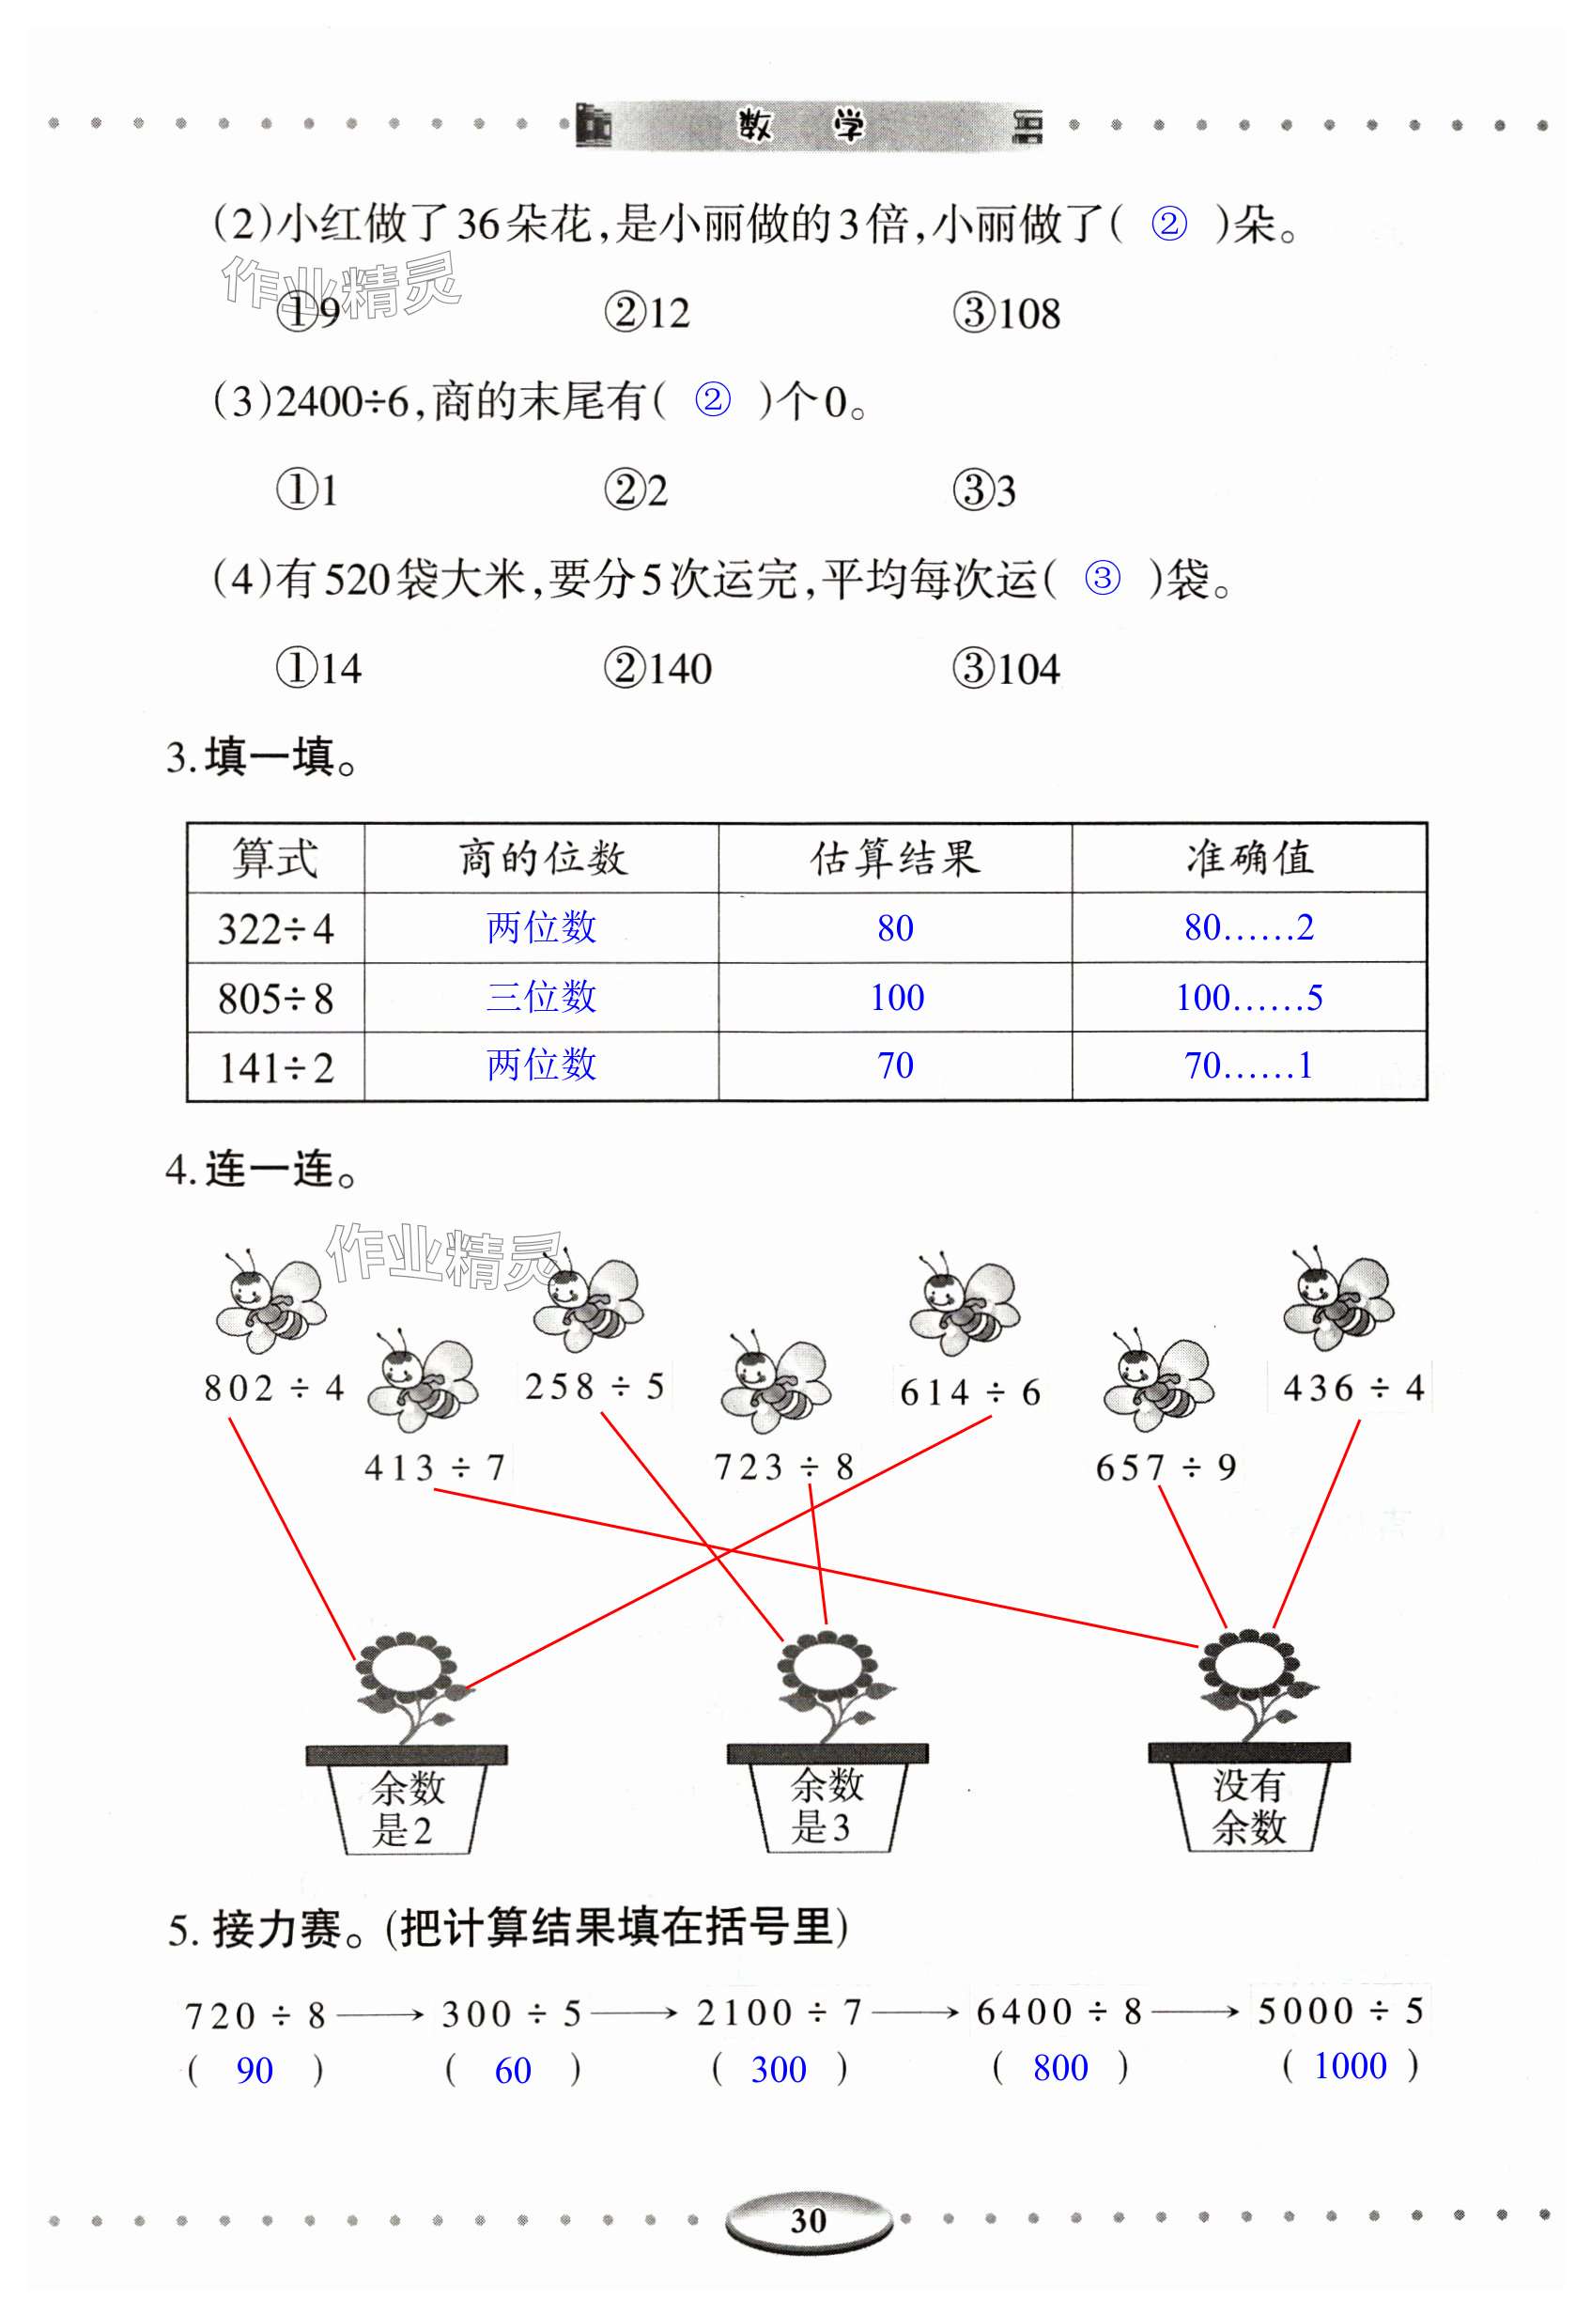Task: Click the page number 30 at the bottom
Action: [x=808, y=2220]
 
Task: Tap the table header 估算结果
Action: [x=894, y=859]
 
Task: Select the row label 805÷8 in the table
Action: [x=275, y=998]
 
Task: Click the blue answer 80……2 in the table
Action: [x=1248, y=928]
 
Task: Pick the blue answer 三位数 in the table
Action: [x=541, y=997]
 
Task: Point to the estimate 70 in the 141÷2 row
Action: [x=895, y=1065]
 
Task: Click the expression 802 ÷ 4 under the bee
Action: [x=273, y=1388]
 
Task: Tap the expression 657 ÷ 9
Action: [x=1166, y=1468]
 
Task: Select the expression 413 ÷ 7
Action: [x=435, y=1468]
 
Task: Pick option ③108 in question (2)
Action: [x=1006, y=314]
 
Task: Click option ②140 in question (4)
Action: [x=658, y=669]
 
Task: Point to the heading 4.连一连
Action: [x=261, y=1170]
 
